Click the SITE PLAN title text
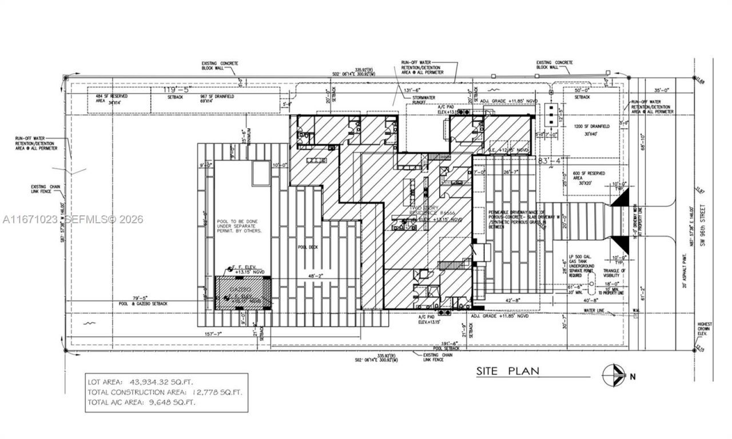508,372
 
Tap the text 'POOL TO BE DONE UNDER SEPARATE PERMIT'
239,226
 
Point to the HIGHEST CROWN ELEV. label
705,330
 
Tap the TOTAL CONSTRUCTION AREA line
165,392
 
